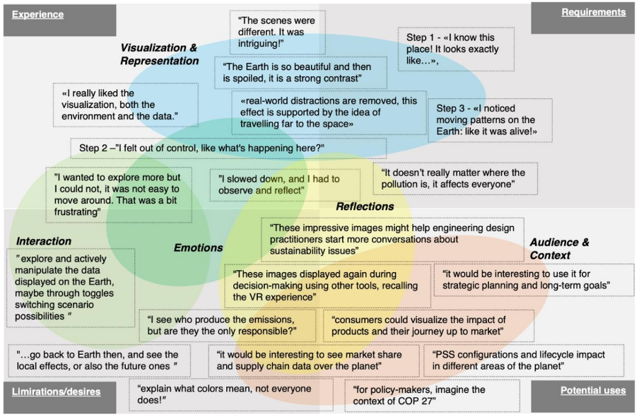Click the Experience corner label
click(37, 15)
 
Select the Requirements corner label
click(593, 12)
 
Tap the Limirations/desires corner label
click(56, 392)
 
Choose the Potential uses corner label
click(593, 391)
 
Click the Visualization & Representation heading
click(159, 54)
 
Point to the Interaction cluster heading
click(44, 241)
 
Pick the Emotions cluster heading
click(199, 248)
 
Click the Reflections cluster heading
click(365, 206)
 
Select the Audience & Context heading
click(559, 249)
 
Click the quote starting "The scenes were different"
click(277, 33)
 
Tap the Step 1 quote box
click(456, 49)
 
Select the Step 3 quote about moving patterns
click(490, 120)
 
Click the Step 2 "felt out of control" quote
click(228, 148)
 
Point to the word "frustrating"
click(78, 212)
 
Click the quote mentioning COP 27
click(432, 395)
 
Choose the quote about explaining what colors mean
click(231, 394)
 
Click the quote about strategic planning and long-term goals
click(534, 280)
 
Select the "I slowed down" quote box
click(285, 185)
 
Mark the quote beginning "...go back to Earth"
click(99, 360)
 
